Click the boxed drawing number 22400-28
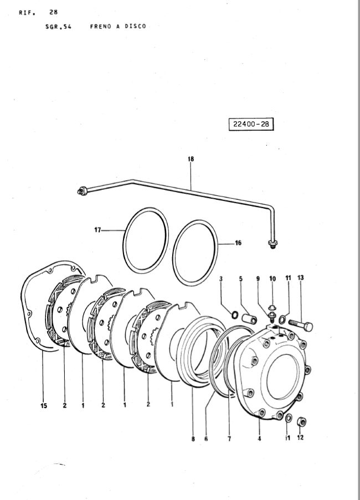point(250,124)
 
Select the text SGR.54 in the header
point(55,26)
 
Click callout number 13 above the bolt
point(300,277)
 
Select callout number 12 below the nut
point(300,437)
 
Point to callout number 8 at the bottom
point(193,439)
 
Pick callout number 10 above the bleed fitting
point(272,278)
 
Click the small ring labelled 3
point(235,316)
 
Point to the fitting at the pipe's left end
point(82,191)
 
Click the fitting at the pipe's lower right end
point(272,244)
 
